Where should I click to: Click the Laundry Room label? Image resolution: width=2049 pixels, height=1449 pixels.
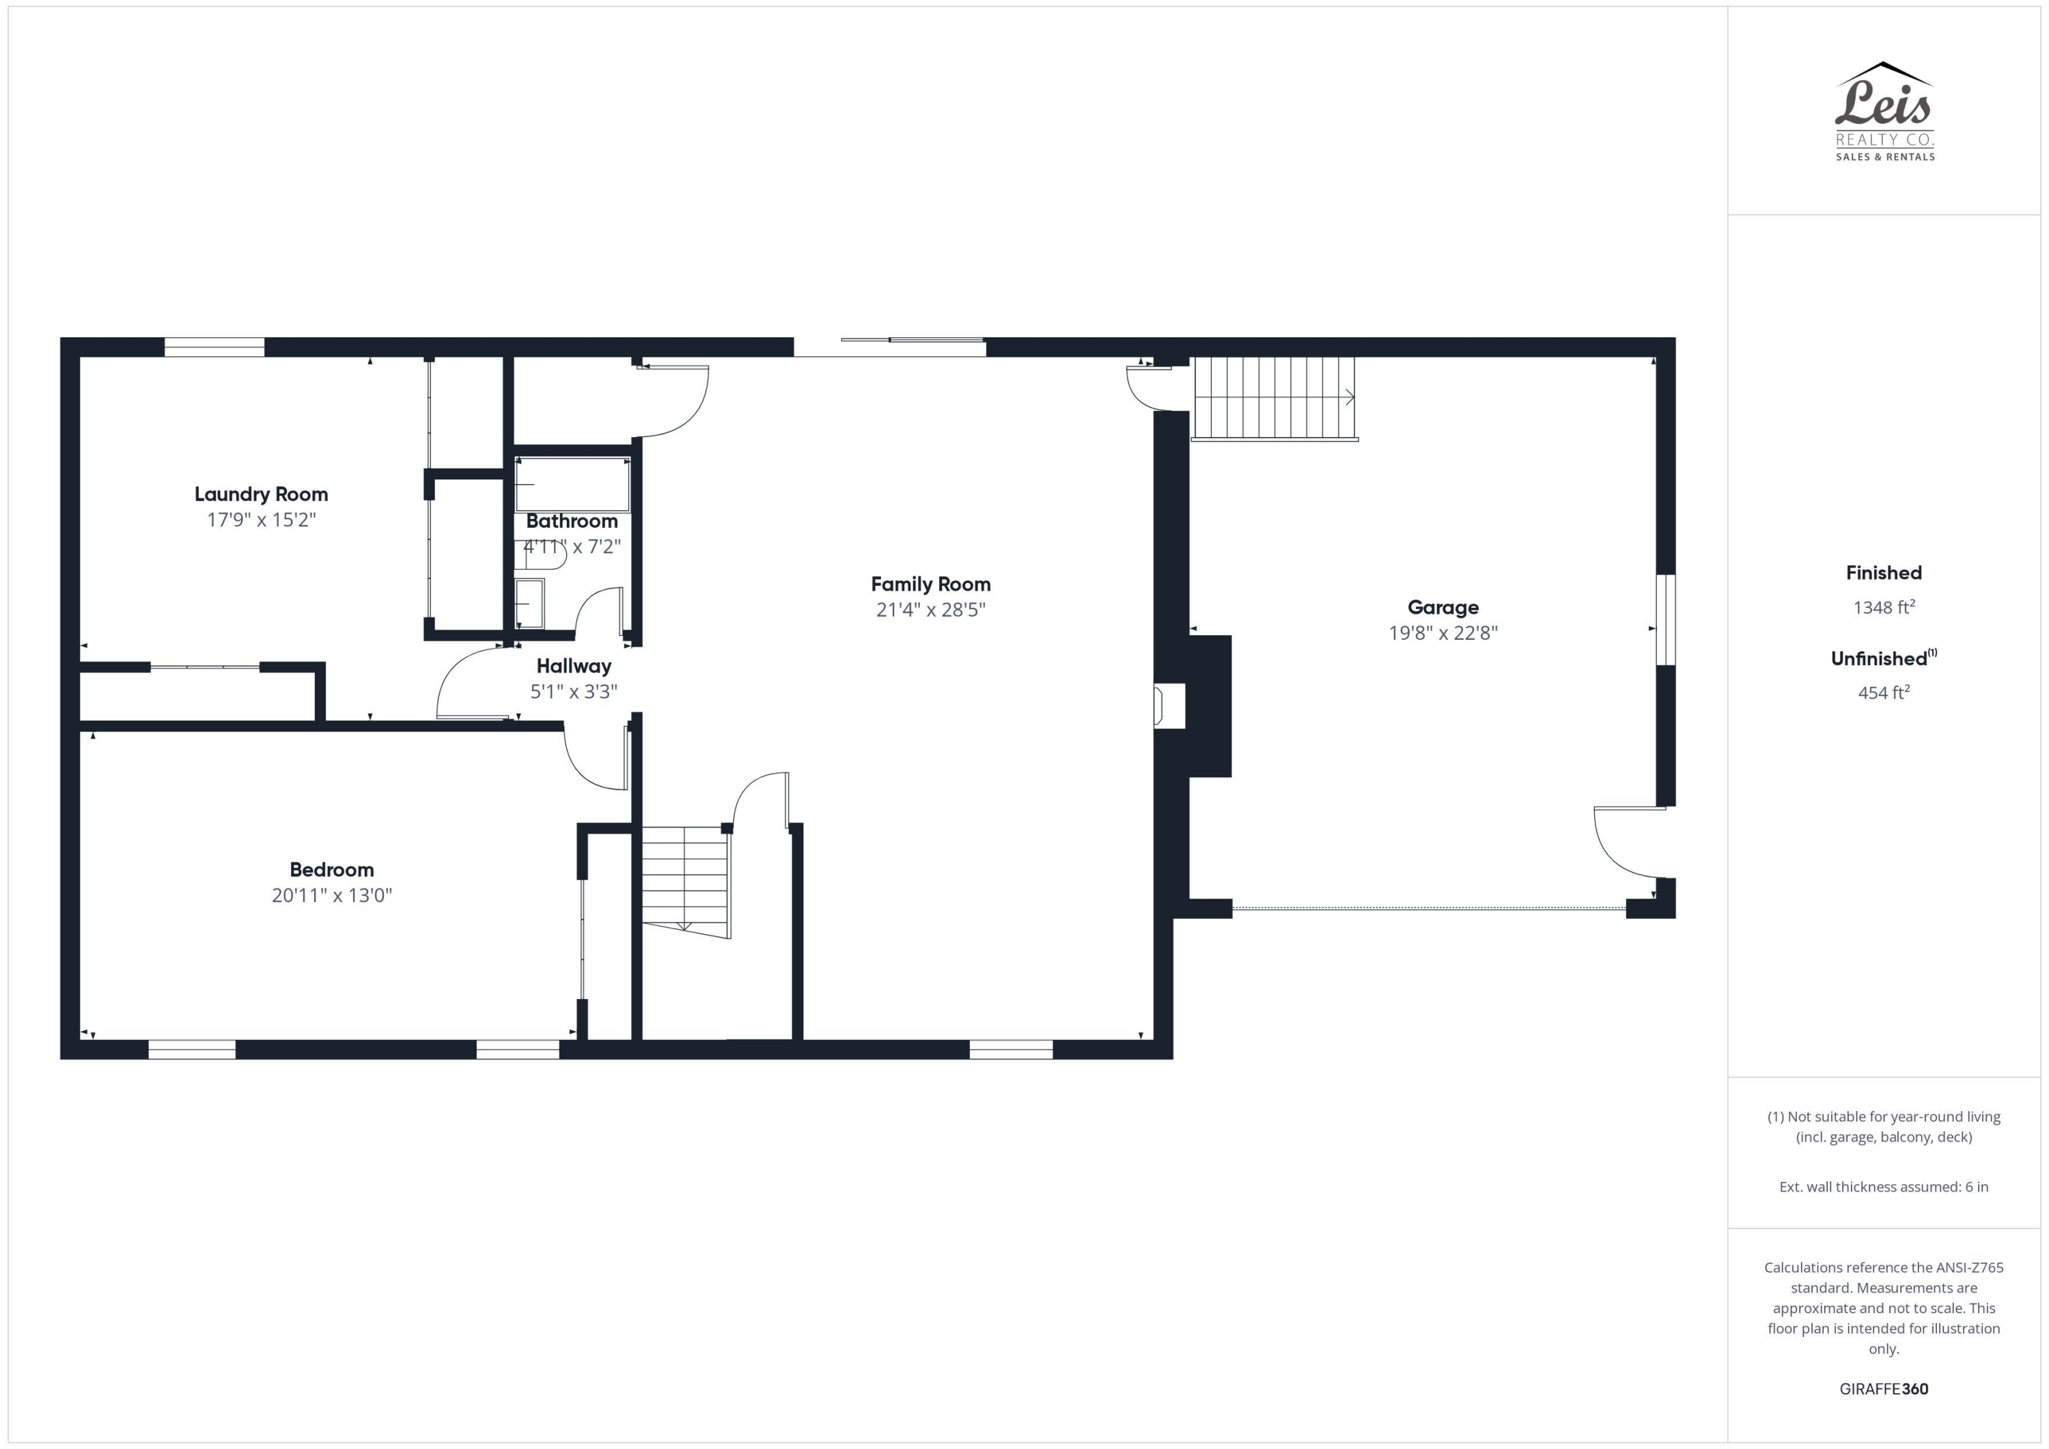261,494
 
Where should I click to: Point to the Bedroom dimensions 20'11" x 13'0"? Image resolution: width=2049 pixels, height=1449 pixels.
331,895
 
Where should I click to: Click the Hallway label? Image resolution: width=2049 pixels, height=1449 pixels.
573,666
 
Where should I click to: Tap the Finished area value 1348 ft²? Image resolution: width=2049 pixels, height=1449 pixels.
1883,608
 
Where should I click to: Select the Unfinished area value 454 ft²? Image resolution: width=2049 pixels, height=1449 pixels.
1883,692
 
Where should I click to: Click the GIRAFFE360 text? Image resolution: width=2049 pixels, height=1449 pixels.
1883,1388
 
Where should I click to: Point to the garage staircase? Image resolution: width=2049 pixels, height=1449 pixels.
1274,398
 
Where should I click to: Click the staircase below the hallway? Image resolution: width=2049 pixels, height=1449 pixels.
684,879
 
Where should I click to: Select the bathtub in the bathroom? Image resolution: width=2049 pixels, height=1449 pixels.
573,485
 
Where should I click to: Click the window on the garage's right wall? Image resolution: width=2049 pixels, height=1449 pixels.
1665,619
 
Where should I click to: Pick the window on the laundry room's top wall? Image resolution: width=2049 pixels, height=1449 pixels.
214,347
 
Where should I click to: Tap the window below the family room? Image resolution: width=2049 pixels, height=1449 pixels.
1010,1050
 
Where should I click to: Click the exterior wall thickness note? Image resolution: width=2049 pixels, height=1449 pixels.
1883,1187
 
